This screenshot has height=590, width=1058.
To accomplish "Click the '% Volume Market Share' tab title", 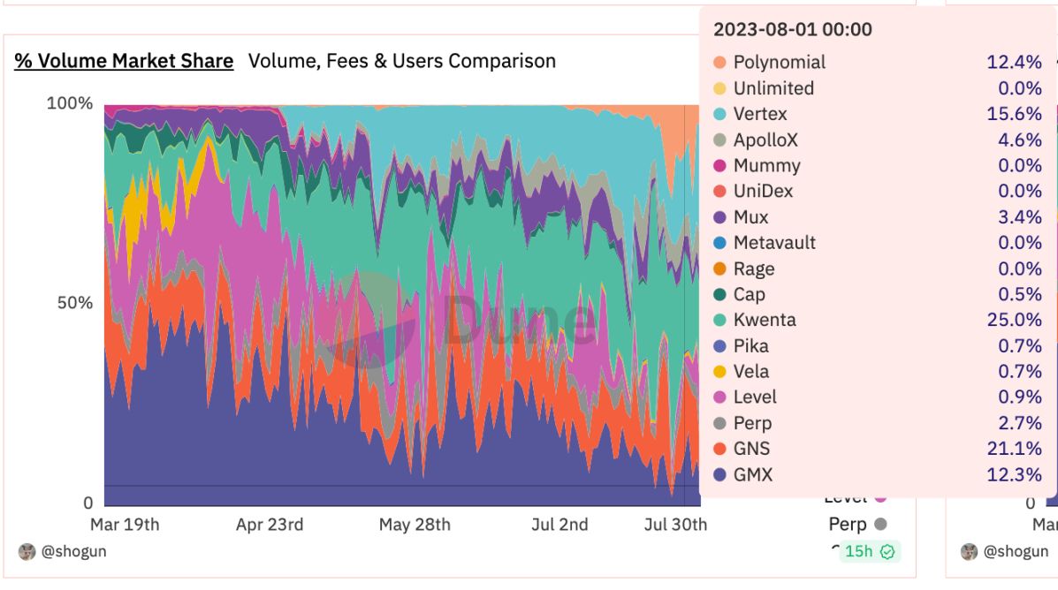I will (124, 61).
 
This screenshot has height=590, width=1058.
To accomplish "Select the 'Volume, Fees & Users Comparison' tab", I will (402, 61).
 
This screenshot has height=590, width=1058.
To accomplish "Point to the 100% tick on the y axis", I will (69, 103).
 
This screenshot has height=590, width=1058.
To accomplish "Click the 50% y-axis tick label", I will (74, 303).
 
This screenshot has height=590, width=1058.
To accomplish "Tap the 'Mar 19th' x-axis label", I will (125, 525).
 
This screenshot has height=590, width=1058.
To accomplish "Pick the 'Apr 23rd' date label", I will (270, 525).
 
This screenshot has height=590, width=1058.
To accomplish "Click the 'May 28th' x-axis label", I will (415, 525).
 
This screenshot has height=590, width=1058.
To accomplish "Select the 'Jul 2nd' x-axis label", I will (560, 525).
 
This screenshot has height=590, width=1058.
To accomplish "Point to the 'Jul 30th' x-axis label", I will (676, 525).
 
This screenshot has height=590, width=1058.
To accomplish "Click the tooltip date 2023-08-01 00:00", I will (792, 29).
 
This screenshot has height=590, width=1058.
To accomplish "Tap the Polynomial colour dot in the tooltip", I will (719, 63).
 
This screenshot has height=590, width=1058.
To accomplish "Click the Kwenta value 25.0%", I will (1014, 320).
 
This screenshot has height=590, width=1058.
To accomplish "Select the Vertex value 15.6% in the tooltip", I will (1014, 114).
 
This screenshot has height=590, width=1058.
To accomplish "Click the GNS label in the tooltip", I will (751, 449).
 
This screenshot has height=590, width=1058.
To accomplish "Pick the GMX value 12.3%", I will (1014, 474).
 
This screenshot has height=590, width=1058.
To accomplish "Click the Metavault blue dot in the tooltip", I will (719, 243).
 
